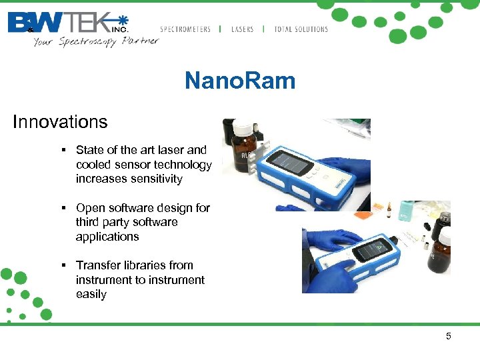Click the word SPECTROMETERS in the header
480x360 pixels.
pos(185,29)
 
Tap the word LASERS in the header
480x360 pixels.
pos(242,29)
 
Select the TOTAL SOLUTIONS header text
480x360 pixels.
pos(301,29)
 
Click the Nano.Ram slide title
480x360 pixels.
pos(239,81)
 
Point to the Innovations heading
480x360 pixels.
pos(60,122)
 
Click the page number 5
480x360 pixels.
pos(449,336)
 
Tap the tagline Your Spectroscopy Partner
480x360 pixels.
pos(96,41)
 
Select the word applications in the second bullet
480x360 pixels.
pos(107,237)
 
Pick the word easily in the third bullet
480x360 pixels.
pos(91,294)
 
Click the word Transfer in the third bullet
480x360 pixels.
pos(97,265)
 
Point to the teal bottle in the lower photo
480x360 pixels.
pos(406,212)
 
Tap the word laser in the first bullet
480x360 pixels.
pos(165,150)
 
